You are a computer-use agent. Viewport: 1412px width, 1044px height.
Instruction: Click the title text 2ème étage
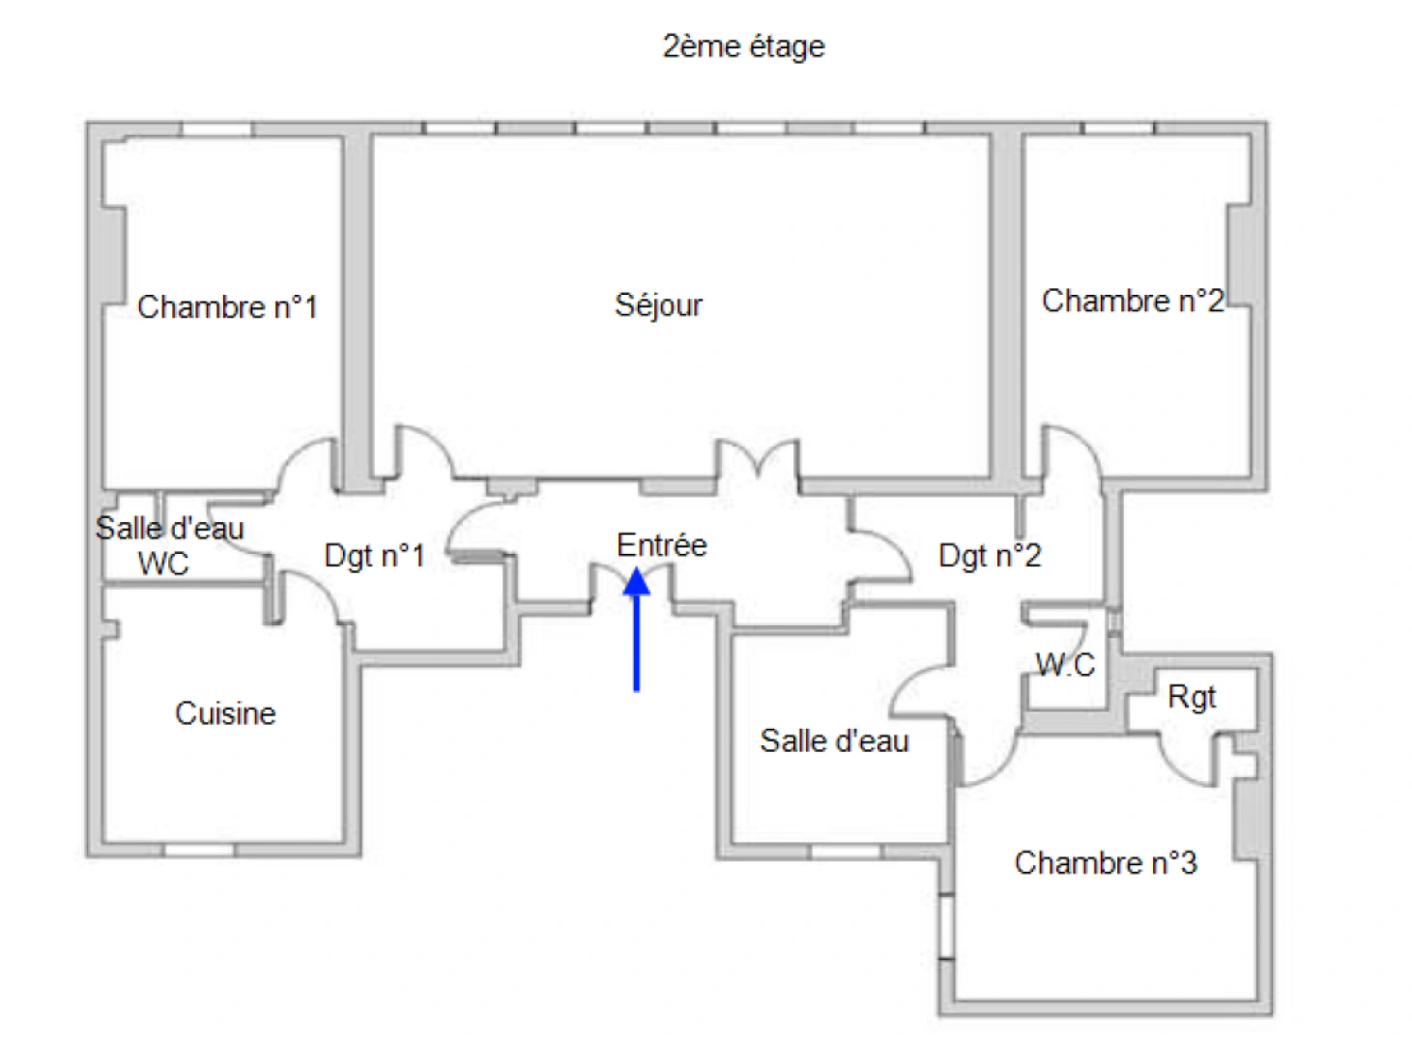click(x=743, y=46)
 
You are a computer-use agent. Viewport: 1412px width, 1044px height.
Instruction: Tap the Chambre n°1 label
click(x=227, y=307)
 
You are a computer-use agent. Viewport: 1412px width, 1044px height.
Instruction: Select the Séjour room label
click(x=658, y=305)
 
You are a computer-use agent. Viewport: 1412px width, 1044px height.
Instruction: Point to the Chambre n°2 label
click(x=1132, y=302)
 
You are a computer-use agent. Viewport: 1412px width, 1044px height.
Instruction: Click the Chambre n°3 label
click(x=1105, y=862)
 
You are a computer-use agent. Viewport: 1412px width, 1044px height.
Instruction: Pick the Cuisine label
click(x=225, y=713)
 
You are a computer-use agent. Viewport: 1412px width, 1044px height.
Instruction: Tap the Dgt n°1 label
click(x=374, y=556)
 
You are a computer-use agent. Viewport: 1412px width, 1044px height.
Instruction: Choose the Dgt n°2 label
click(x=990, y=556)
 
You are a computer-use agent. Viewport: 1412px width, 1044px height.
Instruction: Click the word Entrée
click(x=661, y=545)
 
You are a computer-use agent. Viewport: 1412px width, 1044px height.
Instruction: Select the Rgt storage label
click(x=1191, y=697)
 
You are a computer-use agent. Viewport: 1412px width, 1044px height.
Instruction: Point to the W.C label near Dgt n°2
click(x=1065, y=664)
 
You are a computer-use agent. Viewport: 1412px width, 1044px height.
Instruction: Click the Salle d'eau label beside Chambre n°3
click(x=834, y=741)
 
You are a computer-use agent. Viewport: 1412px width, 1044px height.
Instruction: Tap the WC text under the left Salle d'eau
click(x=163, y=564)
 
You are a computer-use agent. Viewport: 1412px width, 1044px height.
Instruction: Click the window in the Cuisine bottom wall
click(x=198, y=851)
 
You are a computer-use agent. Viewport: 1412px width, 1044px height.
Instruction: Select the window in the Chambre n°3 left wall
click(x=947, y=928)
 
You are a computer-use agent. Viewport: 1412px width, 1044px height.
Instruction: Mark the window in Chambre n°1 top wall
click(x=217, y=129)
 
